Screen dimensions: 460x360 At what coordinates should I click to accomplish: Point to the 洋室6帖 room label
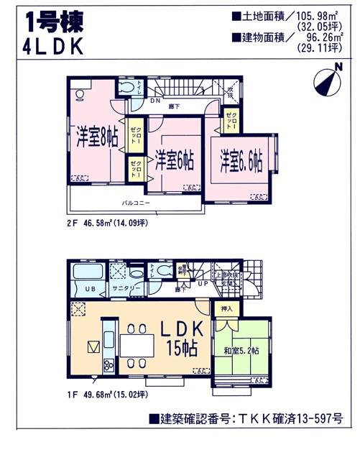pyautogui.click(x=175, y=160)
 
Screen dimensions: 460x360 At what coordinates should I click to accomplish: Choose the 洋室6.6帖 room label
pyautogui.click(x=241, y=159)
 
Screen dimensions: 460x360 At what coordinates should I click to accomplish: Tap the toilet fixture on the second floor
pyautogui.click(x=128, y=88)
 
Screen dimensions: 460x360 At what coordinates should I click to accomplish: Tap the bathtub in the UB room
pyautogui.click(x=88, y=275)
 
